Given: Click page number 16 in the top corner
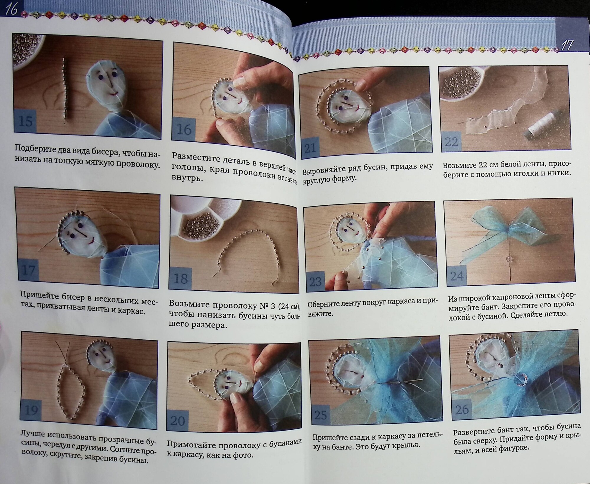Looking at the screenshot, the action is coord(10,9).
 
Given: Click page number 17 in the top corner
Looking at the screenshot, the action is coord(566,46).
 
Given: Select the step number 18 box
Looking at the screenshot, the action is coord(181,278).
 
